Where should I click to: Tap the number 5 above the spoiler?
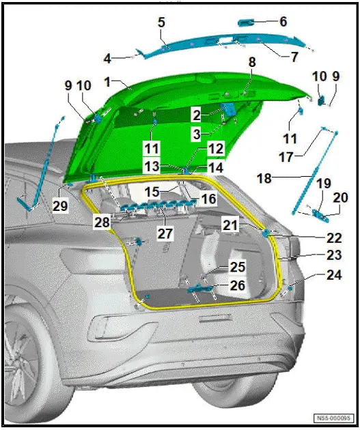(x=161, y=21)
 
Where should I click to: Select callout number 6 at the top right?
(x=283, y=22)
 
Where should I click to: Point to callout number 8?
(x=251, y=62)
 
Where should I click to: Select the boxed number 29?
(x=60, y=205)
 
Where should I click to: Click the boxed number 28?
(x=102, y=222)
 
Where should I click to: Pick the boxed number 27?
(x=165, y=233)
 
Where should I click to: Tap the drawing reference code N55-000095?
(x=333, y=418)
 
